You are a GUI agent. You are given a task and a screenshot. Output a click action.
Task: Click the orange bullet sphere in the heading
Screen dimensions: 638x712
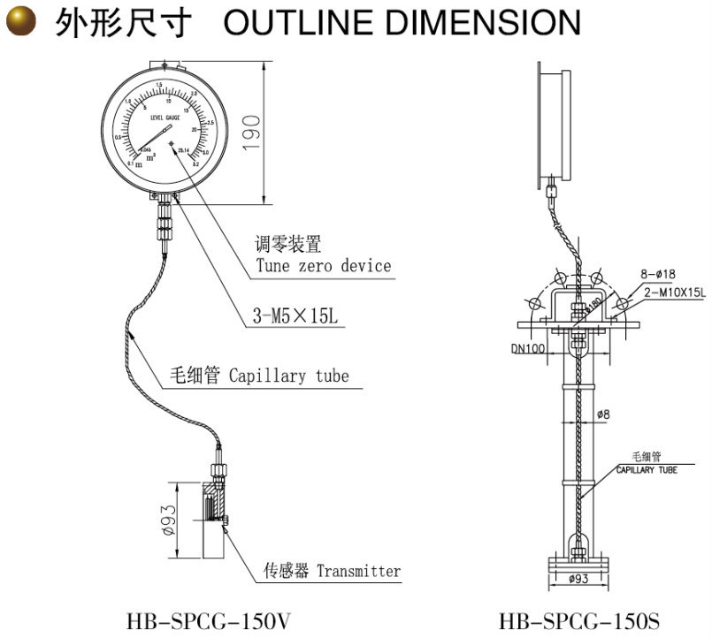21,22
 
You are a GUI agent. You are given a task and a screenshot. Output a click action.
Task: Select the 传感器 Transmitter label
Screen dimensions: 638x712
333,571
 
